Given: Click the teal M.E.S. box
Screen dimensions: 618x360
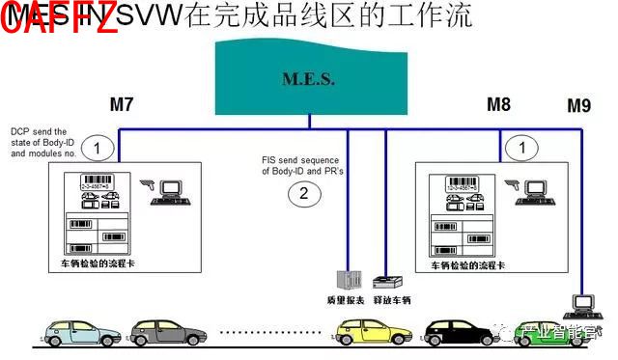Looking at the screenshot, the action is tap(308, 78).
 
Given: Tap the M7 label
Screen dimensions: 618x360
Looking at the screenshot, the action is tap(122, 104).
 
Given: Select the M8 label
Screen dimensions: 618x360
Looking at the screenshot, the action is tap(499, 104).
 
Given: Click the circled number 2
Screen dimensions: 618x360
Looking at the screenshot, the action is tap(303, 194).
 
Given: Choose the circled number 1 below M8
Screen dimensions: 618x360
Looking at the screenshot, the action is tap(522, 148).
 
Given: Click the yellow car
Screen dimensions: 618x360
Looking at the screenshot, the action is tap(366, 334).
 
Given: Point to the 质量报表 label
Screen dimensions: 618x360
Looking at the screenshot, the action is tap(345, 301).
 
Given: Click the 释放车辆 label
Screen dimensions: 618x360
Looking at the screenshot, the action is tap(392, 301).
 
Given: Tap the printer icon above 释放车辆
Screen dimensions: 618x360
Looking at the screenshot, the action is tap(388, 283).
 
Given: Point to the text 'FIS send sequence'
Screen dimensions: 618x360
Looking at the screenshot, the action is tap(296, 160).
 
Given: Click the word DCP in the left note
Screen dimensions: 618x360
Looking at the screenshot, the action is tap(20, 132).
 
